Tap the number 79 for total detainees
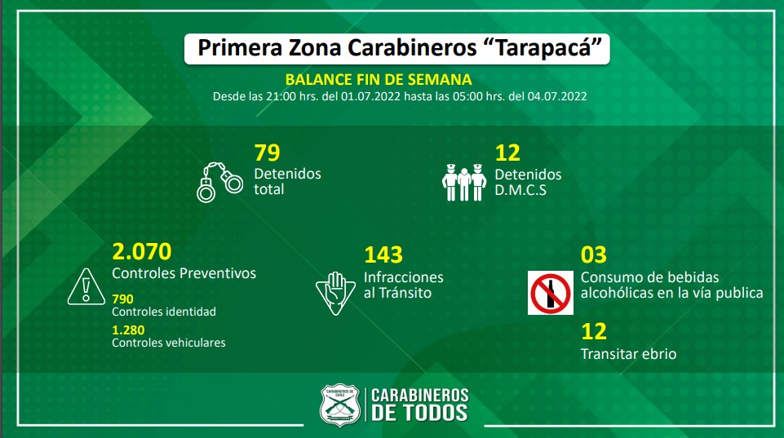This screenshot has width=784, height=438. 267,153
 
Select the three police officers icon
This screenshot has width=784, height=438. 463,182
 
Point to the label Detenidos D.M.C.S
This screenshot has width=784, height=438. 528,182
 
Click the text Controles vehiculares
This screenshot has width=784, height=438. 169,343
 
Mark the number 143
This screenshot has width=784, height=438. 383,254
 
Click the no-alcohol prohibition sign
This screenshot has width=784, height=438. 551,294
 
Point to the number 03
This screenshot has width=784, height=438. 593,255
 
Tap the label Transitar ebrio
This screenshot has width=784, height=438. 628,354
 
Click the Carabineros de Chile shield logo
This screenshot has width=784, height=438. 339,404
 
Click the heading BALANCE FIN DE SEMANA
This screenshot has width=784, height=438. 379,79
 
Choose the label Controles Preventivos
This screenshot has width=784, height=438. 184,273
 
